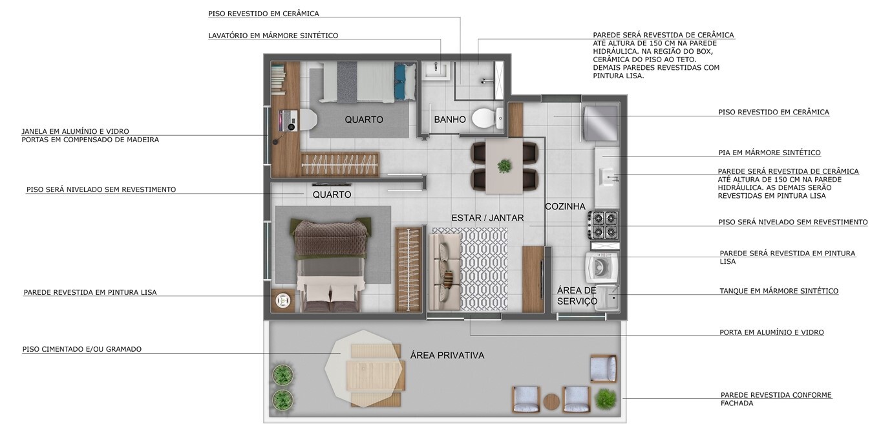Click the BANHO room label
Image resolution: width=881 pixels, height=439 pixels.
[449, 119]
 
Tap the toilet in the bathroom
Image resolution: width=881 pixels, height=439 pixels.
[487, 118]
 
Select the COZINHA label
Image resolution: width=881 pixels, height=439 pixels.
[565, 206]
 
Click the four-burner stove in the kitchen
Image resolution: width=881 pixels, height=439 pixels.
[604, 225]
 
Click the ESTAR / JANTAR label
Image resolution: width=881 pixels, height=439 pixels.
[487, 218]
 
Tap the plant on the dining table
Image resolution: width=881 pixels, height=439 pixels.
[504, 166]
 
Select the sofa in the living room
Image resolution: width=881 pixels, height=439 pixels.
[445, 272]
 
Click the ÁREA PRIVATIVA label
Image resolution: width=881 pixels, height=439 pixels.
[447, 355]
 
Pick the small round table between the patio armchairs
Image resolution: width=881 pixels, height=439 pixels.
[551, 402]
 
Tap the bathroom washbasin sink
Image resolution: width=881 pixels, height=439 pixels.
[436, 70]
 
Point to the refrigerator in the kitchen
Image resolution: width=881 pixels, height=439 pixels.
[599, 123]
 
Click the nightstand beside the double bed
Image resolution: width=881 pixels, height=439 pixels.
[282, 301]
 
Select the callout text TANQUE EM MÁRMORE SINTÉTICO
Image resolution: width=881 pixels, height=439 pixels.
[779, 291]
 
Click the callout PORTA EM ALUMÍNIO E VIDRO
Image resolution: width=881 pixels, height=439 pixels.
[771, 332]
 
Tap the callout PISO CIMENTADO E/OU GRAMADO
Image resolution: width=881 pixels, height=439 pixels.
[82, 349]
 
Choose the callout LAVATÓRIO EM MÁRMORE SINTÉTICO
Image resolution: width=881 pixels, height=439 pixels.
[273, 36]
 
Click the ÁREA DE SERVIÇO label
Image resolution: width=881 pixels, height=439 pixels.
[577, 296]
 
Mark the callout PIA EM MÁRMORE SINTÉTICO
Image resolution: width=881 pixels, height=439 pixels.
[769, 153]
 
